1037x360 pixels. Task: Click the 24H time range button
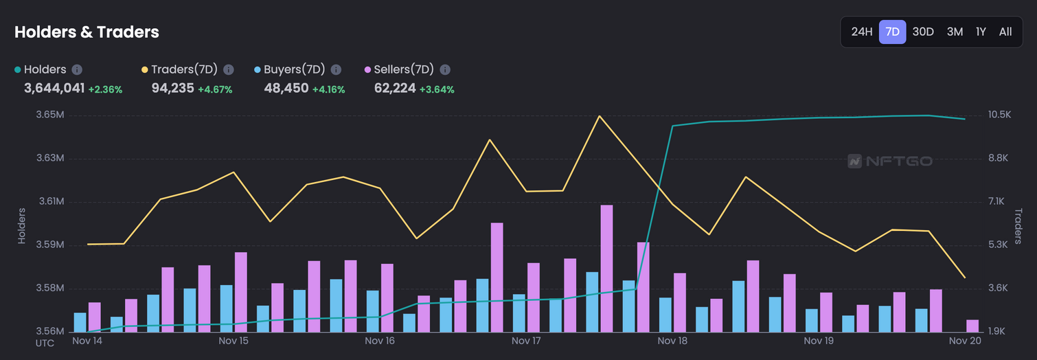coord(862,32)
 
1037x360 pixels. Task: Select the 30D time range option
coord(923,32)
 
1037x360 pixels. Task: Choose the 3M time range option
coord(955,32)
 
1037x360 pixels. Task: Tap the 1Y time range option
coord(981,32)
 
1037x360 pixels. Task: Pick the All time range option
coord(1005,32)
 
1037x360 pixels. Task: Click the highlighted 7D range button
coord(892,32)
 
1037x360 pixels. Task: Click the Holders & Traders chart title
coord(87,32)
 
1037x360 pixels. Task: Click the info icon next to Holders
coord(78,69)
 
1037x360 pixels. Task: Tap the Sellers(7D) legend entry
coord(403,69)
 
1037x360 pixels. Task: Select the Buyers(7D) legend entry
coord(294,69)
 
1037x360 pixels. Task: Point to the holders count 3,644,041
coord(54,88)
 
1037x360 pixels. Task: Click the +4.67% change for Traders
coord(215,89)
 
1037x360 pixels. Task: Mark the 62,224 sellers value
coord(395,88)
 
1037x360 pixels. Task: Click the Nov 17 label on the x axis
coord(527,341)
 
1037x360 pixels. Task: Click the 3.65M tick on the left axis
coord(50,115)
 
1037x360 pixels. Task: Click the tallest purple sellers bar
coord(606,268)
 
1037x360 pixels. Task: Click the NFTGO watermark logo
coord(890,161)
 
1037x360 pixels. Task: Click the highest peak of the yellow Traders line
coord(600,116)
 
